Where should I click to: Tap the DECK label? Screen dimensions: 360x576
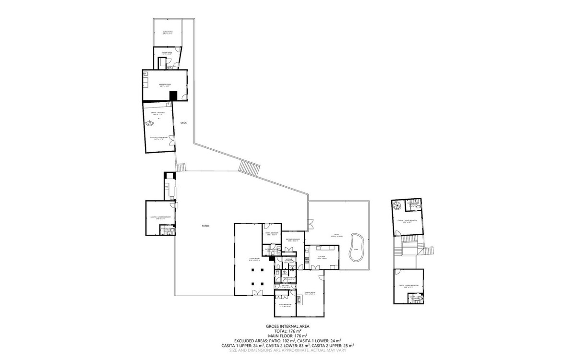click(183, 123)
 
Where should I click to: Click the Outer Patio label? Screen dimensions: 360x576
click(168, 33)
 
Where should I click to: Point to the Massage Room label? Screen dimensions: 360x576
click(165, 84)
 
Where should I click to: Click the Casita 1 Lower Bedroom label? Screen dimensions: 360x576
click(160, 217)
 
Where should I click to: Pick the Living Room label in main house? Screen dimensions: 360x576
click(254, 259)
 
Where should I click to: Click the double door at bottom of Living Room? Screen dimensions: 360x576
click(258, 292)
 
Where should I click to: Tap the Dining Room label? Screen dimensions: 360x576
click(310, 293)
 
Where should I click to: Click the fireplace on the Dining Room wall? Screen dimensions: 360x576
click(299, 301)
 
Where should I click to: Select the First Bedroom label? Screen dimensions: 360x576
click(285, 305)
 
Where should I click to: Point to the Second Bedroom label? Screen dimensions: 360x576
click(293, 240)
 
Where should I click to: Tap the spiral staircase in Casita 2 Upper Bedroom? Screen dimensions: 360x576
click(397, 205)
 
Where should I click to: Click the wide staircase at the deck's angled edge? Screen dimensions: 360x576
click(250, 168)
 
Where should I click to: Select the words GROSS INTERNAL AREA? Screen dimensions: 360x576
click(288, 326)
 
